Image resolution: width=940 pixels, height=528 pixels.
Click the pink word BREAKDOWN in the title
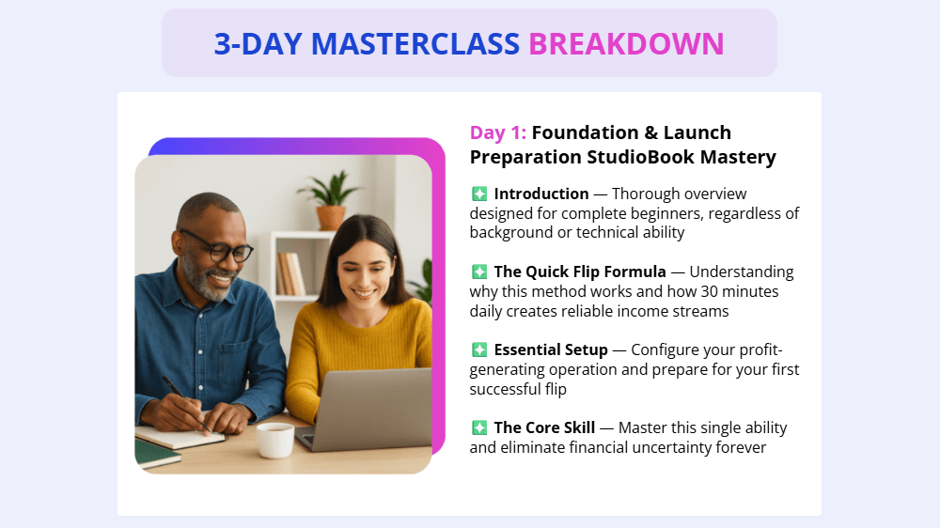click(626, 43)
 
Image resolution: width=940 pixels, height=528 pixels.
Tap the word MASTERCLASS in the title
click(415, 43)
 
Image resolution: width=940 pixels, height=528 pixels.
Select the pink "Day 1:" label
click(498, 132)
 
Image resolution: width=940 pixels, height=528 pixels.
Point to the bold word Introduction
click(540, 194)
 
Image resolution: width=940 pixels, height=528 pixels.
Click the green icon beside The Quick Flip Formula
click(479, 272)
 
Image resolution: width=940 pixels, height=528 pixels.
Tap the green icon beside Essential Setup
click(479, 349)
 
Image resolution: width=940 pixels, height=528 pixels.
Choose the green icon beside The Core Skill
click(479, 427)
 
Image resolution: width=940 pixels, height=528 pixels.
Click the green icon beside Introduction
click(479, 194)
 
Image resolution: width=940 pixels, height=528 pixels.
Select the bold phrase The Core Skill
click(546, 427)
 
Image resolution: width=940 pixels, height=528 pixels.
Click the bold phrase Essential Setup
click(551, 349)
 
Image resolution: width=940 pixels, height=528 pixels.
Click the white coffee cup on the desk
click(274, 439)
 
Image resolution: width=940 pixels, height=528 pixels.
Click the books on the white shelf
click(289, 274)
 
